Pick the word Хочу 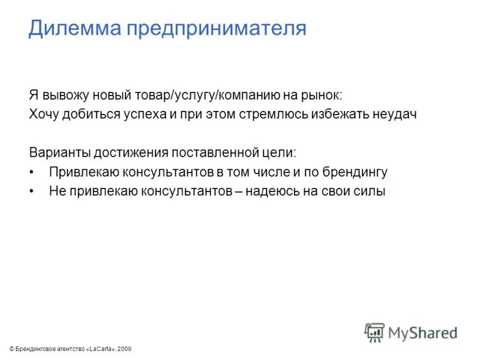pyautogui.click(x=42, y=115)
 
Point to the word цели pyautogui.click(x=281, y=152)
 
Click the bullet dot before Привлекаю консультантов pyautogui.click(x=31, y=172)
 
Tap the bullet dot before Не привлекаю pyautogui.click(x=31, y=191)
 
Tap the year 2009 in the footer pyautogui.click(x=124, y=349)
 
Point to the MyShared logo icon pyautogui.click(x=374, y=332)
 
